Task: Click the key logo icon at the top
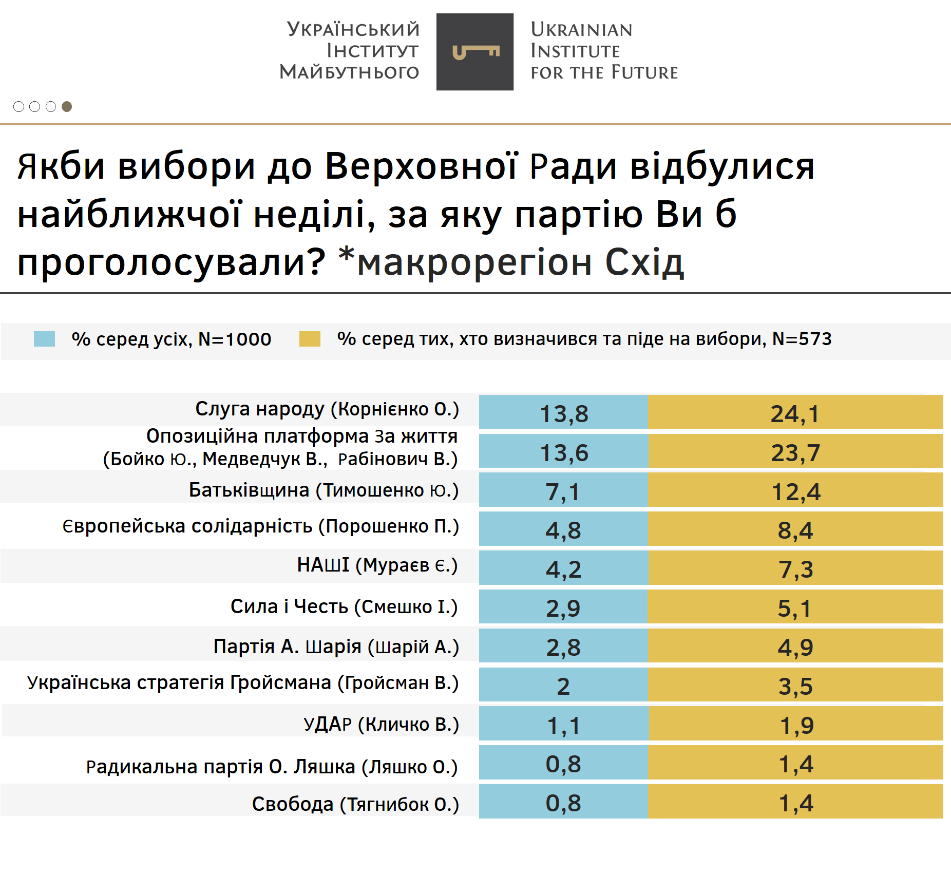[475, 52]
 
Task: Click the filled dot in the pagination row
[67, 106]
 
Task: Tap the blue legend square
[44, 339]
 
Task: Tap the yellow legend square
[310, 339]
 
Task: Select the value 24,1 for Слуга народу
[795, 413]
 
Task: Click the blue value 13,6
[564, 452]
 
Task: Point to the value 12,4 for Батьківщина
[796, 491]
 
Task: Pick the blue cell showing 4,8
[563, 530]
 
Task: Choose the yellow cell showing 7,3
[796, 569]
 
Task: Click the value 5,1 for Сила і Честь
[795, 608]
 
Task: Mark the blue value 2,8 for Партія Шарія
[563, 647]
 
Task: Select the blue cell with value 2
[563, 686]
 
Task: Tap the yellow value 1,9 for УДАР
[796, 725]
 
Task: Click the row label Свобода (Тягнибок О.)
[355, 804]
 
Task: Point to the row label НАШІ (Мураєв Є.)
[377, 565]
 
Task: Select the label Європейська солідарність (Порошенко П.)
[260, 526]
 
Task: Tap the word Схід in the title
[644, 262]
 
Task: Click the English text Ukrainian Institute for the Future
[604, 51]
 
